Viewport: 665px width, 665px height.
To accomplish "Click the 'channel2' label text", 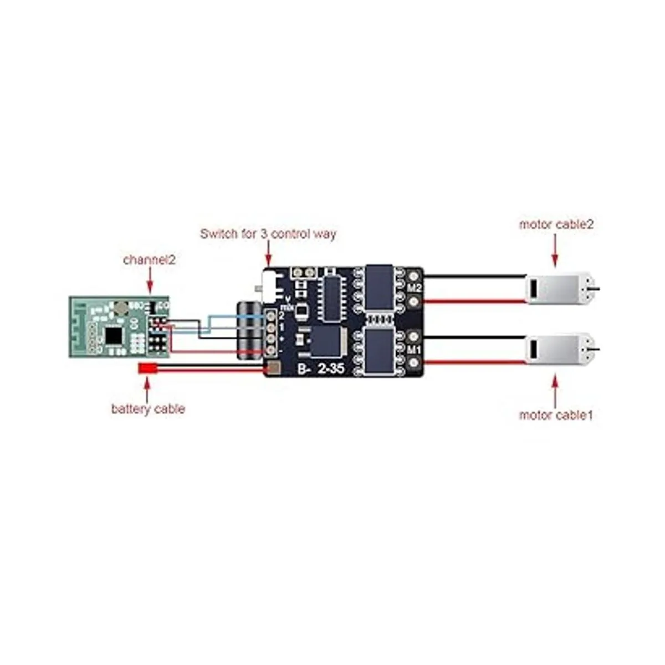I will [149, 259].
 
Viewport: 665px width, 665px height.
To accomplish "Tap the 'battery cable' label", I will [148, 409].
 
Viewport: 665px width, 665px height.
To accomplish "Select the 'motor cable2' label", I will [556, 224].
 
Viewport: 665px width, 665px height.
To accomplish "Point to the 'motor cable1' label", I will [555, 415].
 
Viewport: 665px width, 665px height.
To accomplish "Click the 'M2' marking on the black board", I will [414, 288].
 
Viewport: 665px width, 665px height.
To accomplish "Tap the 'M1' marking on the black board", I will [414, 350].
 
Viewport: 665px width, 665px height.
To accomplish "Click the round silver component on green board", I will [121, 307].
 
